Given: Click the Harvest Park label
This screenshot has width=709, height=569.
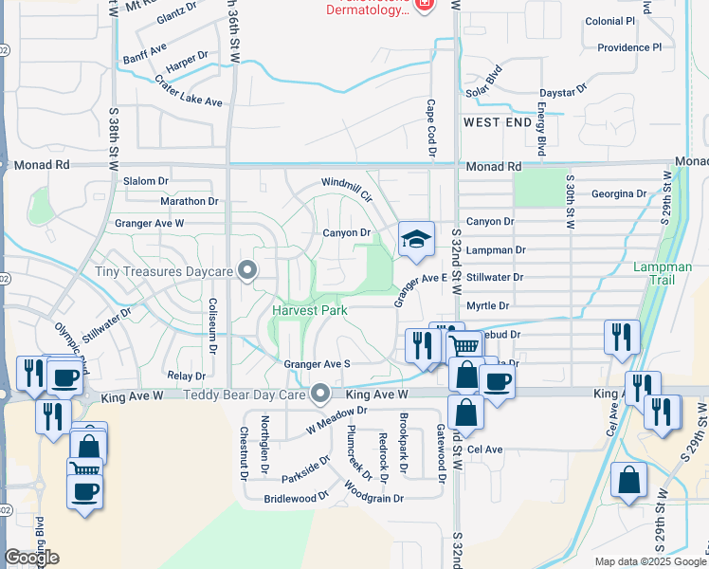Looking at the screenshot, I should click(x=310, y=310).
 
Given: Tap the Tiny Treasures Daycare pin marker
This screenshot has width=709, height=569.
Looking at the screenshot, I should click(x=248, y=272).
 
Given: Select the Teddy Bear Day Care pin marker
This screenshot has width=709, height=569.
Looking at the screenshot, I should click(x=321, y=394).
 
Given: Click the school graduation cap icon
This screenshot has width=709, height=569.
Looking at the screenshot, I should click(x=414, y=241).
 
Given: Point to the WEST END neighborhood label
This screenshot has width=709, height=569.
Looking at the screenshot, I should click(x=498, y=123).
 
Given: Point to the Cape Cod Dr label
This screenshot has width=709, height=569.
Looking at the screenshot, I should click(x=430, y=127).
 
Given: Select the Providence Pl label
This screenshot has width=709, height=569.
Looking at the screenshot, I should click(x=628, y=47).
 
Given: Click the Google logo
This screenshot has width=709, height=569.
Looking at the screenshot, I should click(x=31, y=557).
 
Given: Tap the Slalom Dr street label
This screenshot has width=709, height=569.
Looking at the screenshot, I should click(x=146, y=180).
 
